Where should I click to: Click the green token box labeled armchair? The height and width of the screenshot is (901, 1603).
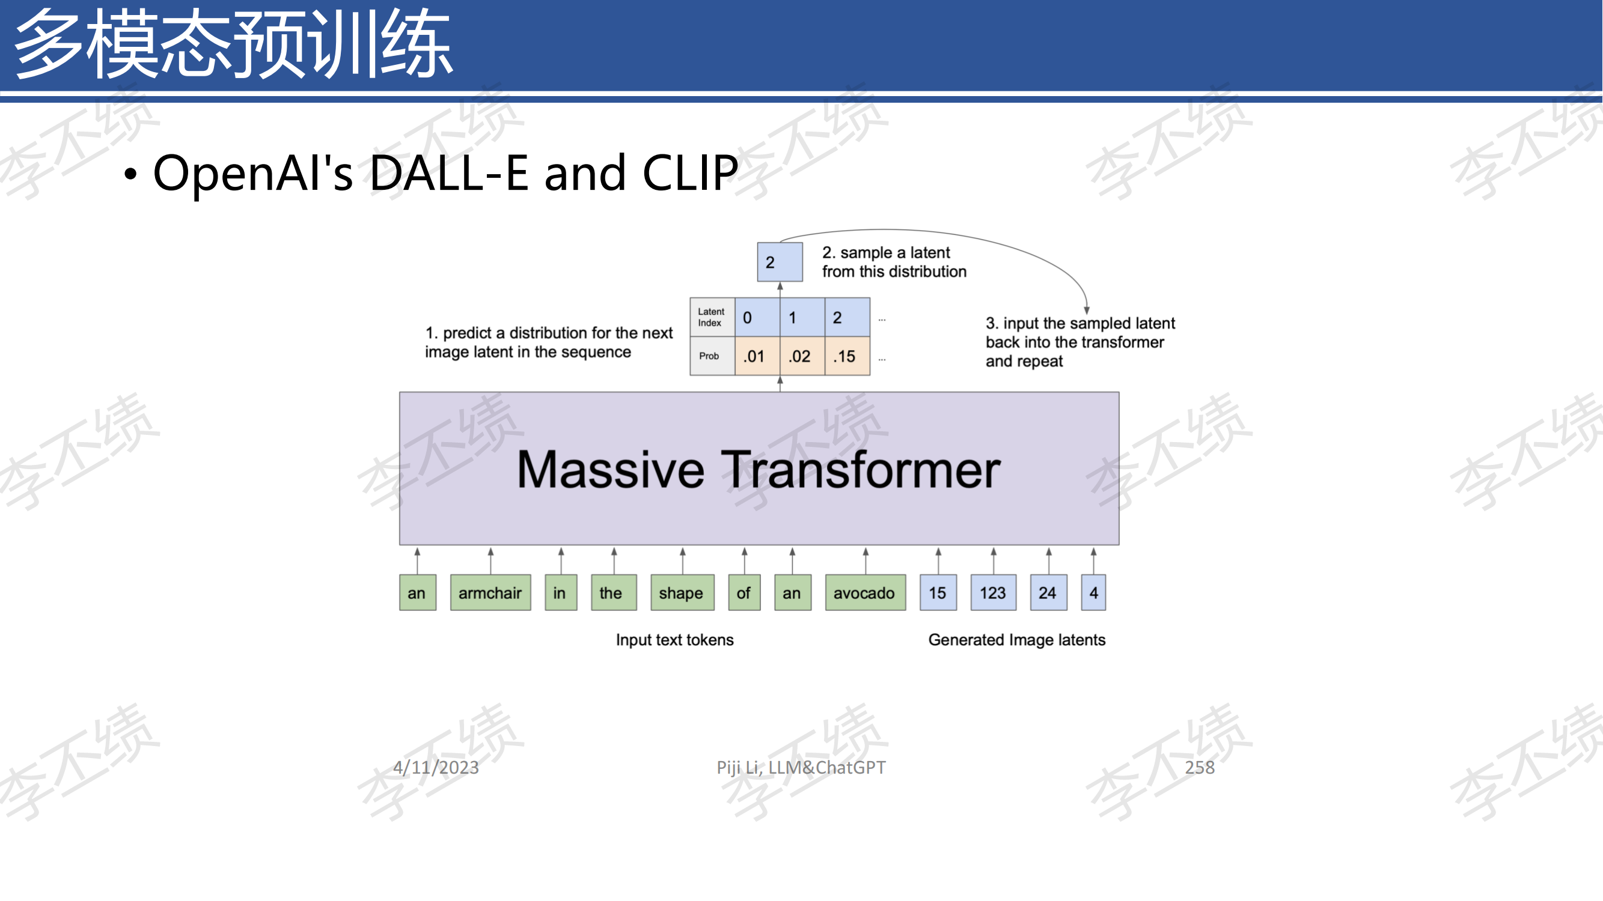pos(490,593)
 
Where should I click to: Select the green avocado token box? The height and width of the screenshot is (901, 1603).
pos(865,593)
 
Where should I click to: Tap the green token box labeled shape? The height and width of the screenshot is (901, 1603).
pos(682,593)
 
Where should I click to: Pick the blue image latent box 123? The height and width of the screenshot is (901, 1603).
pos(993,593)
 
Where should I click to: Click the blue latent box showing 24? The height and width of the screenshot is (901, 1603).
pos(1049,593)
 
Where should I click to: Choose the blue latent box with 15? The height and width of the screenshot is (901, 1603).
pos(938,593)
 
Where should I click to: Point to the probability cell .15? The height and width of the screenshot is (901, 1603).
pos(847,356)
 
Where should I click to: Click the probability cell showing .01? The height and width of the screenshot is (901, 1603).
pos(757,356)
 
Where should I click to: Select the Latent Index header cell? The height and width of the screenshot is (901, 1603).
pos(712,317)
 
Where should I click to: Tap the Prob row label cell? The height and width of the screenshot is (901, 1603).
pos(712,356)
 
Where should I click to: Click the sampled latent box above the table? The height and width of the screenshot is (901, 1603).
pos(780,262)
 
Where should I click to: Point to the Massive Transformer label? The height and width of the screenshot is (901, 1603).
pos(759,470)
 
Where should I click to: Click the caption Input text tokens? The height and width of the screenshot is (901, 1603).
pos(674,640)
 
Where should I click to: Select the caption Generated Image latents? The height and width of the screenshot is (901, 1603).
pos(1017,640)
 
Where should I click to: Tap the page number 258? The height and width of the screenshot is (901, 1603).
pos(1199,767)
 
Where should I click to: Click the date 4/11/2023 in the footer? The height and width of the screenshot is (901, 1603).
pos(436,767)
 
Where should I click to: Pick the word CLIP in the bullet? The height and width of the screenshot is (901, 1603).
pos(690,172)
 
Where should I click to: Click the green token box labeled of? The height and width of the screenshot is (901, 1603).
pos(744,593)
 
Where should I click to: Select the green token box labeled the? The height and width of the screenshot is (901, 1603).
pos(614,593)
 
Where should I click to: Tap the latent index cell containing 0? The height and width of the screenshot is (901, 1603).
pos(757,317)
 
